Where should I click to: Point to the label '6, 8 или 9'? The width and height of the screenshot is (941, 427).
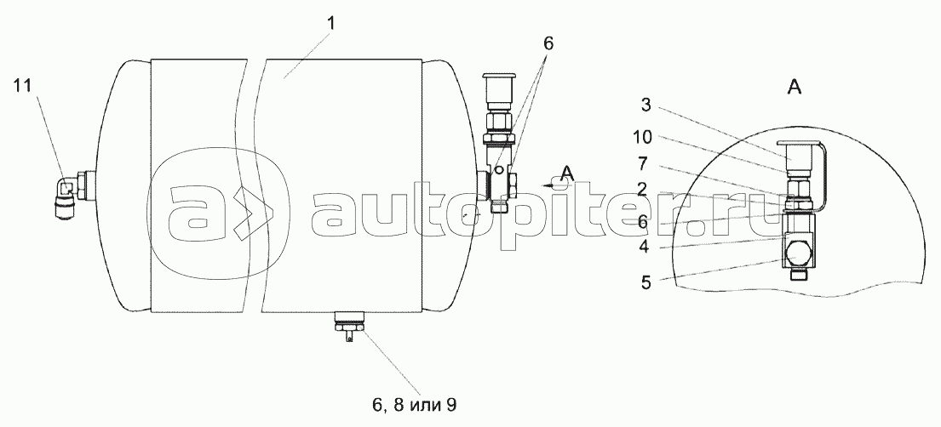[414, 406]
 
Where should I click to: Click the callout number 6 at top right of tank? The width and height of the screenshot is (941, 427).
[548, 43]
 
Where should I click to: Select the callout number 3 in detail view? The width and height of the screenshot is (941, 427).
[646, 105]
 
